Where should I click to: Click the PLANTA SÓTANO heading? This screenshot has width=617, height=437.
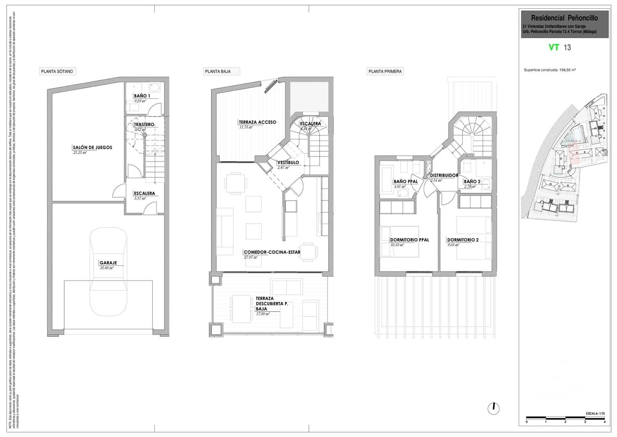pyautogui.click(x=57, y=71)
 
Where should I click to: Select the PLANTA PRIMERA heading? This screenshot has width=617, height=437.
pyautogui.click(x=385, y=71)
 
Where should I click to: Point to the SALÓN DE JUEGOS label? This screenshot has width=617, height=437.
pyautogui.click(x=92, y=147)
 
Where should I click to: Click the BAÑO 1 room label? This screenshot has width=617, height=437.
pyautogui.click(x=142, y=96)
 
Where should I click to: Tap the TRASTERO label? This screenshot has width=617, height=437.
pyautogui.click(x=144, y=125)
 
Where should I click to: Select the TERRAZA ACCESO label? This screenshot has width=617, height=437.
pyautogui.click(x=257, y=122)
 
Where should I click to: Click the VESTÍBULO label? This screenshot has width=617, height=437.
pyautogui.click(x=288, y=163)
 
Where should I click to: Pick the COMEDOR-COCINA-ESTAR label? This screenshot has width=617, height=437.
pyautogui.click(x=272, y=252)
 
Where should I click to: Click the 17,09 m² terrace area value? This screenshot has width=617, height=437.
pyautogui.click(x=262, y=314)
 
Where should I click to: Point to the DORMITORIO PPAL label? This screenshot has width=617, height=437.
pyautogui.click(x=409, y=240)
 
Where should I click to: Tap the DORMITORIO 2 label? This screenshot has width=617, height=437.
pyautogui.click(x=463, y=240)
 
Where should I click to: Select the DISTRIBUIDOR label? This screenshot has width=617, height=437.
pyautogui.click(x=444, y=175)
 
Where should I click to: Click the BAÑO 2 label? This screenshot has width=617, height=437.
pyautogui.click(x=472, y=182)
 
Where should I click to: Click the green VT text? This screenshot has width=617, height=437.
pyautogui.click(x=554, y=47)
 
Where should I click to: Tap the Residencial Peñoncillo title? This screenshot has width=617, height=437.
pyautogui.click(x=564, y=18)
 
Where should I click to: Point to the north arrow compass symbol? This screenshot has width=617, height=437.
pyautogui.click(x=493, y=408)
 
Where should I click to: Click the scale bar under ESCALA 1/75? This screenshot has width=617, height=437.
pyautogui.click(x=566, y=417)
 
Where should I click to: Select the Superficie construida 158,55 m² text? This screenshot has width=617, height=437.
pyautogui.click(x=550, y=70)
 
